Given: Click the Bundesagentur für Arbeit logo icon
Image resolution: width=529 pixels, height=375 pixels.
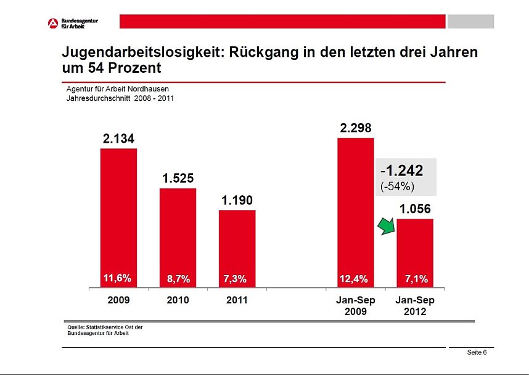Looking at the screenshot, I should (x=53, y=22).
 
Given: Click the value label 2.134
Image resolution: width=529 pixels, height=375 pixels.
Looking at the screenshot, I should (x=118, y=139).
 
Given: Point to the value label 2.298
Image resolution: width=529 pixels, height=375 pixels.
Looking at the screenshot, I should (x=356, y=128).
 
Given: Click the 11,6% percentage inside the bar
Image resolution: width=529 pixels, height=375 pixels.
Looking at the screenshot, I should (x=117, y=279).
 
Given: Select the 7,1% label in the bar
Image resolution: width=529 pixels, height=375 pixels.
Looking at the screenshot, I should (x=416, y=279).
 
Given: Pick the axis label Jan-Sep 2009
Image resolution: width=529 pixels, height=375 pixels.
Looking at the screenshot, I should (x=356, y=305).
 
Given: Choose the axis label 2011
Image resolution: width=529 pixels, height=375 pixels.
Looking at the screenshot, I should (x=237, y=300).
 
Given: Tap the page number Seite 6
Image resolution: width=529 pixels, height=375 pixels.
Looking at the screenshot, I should (x=477, y=352).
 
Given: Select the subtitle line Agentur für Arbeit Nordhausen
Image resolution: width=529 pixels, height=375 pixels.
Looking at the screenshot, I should (x=117, y=89).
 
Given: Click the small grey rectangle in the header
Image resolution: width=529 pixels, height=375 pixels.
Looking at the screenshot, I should (x=470, y=22).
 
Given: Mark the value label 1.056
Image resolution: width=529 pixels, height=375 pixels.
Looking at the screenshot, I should (x=415, y=209).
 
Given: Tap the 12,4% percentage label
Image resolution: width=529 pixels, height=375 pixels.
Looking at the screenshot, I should (x=354, y=279).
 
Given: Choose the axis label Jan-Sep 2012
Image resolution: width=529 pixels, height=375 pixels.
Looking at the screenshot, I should (x=415, y=305).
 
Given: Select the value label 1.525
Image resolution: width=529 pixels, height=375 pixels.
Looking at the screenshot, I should (x=178, y=178).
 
